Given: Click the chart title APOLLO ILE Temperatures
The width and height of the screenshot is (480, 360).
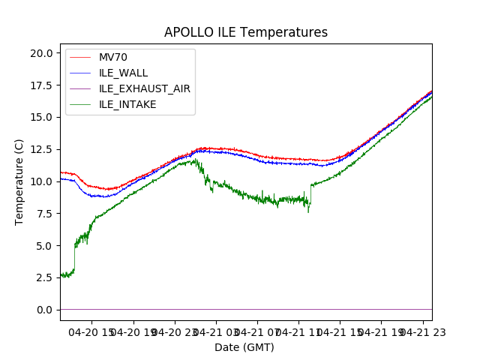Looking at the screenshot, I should click(x=246, y=33).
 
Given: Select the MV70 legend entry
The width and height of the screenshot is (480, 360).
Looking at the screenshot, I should click(x=112, y=57).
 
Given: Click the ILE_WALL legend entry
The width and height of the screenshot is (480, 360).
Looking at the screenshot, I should click(x=124, y=73).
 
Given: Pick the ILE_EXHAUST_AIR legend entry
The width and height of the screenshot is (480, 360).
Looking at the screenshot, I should click(x=145, y=88).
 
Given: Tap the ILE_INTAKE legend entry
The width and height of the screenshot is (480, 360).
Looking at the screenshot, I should click(x=128, y=104).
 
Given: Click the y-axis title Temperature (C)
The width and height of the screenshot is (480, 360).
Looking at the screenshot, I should click(x=19, y=182).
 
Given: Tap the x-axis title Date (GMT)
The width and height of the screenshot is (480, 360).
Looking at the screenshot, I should click(x=244, y=347).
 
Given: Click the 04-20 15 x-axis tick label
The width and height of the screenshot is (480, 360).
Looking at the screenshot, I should click(x=93, y=332).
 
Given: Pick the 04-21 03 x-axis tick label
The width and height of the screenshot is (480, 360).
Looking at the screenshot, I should click(x=216, y=332).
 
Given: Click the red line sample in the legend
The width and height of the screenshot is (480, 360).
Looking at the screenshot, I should click(x=82, y=57).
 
